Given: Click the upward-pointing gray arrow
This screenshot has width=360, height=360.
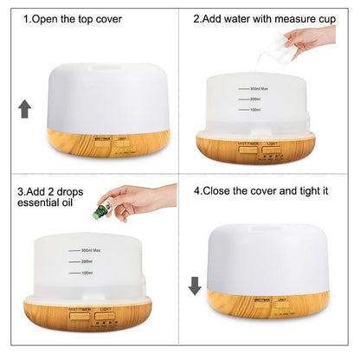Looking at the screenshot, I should tap(25, 108).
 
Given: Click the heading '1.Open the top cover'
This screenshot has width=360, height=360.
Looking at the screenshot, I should tap(73, 18).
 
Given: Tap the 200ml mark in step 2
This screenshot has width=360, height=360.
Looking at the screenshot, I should tap(256, 100).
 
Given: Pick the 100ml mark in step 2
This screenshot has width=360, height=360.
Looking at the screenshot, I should tap(256, 110).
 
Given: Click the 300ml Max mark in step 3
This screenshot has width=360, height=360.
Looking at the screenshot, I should tap(87, 252).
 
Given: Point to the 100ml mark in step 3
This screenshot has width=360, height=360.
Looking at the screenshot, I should tap(85, 273).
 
